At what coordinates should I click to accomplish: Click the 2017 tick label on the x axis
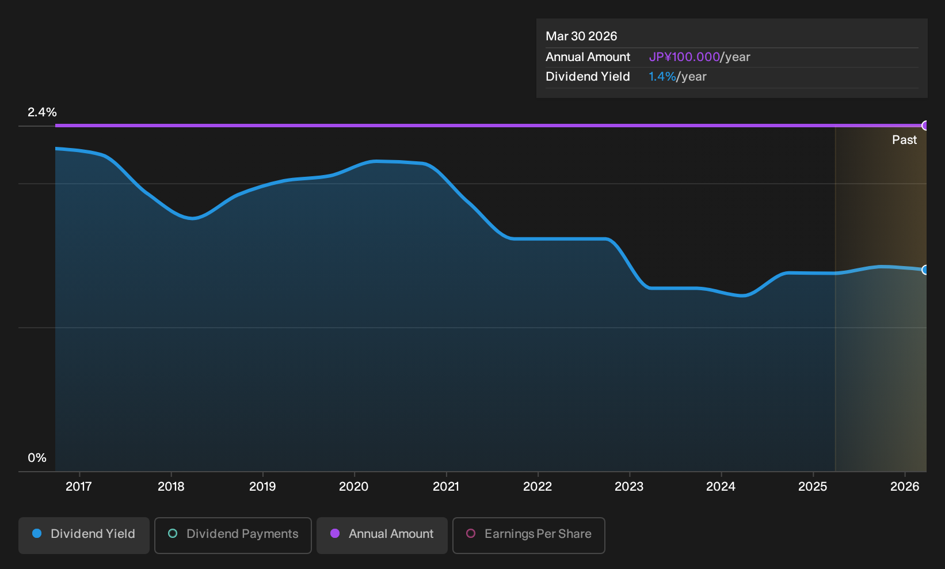pos(79,486)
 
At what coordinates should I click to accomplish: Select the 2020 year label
pos(354,486)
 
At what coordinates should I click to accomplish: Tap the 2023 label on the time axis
pos(629,486)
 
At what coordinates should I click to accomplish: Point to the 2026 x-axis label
pos(905,486)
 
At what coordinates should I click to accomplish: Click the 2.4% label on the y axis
pos(42,112)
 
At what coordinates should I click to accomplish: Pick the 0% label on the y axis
pos(37,458)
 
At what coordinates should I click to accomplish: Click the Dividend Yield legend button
pos(84,535)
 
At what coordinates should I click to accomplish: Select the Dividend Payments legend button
pos(233,535)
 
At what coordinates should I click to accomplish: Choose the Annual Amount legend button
pos(382,535)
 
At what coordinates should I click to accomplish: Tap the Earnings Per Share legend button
pos(528,535)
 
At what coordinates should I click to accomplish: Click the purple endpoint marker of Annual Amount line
pos(924,126)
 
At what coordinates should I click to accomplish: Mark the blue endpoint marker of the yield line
pos(924,270)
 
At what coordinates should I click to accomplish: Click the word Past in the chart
pos(905,140)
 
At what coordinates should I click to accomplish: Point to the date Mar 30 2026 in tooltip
pos(581,36)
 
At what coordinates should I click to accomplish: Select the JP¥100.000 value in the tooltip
pos(684,57)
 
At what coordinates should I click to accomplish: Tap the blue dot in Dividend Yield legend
pos(37,533)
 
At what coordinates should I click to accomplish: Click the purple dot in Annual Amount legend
pos(335,533)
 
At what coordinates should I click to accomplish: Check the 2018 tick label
pos(171,486)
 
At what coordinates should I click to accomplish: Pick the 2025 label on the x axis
pos(813,486)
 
